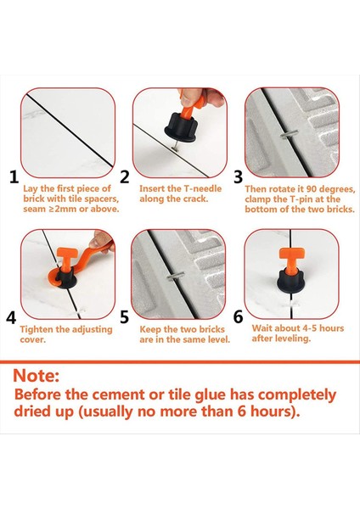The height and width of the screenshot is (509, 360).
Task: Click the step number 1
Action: coord(14,177)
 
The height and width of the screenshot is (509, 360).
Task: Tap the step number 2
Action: coord(125,176)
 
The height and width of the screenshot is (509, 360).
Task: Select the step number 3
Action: coord(238,177)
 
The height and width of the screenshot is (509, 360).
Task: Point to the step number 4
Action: coord(11,318)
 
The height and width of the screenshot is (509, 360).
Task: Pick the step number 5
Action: coord(125,316)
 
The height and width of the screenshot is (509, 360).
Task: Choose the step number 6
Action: coord(238,316)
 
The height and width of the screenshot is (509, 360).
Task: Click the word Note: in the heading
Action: coord(36,376)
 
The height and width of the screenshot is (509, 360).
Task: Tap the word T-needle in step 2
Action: coord(203,188)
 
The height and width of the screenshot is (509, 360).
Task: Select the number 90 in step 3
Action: coord(312,189)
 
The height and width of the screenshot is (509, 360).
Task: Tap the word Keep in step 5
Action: coord(150,329)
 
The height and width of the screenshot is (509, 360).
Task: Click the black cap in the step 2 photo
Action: coord(181,128)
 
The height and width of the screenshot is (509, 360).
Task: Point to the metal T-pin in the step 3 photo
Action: coord(289,134)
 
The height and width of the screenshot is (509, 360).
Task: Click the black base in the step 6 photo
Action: coord(290,281)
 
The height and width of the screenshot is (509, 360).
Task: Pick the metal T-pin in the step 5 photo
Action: coord(176,277)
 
